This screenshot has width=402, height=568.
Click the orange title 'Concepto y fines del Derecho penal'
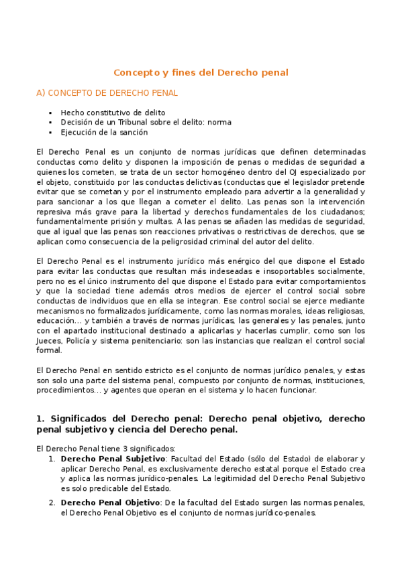201,72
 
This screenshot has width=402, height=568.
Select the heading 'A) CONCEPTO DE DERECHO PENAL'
107,93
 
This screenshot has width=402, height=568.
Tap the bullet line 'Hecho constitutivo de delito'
113,113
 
